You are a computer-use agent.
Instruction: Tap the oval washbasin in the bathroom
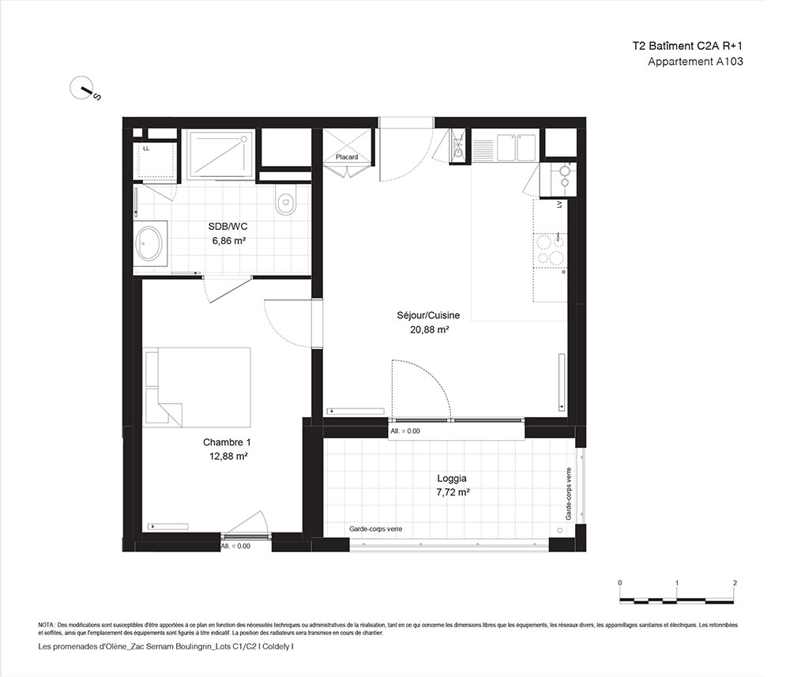click(x=149, y=243)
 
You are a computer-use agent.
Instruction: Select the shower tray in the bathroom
click(x=220, y=155)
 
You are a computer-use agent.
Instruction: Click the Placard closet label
click(x=347, y=157)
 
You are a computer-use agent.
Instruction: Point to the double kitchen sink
click(x=517, y=147)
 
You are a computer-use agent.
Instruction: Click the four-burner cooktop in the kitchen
click(x=550, y=250)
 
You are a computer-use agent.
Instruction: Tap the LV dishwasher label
click(x=559, y=205)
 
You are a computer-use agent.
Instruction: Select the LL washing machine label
click(x=146, y=149)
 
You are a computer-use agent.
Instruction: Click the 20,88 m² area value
click(x=429, y=329)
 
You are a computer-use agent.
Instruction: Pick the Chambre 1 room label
click(x=227, y=442)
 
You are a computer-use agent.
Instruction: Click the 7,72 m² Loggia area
click(x=453, y=492)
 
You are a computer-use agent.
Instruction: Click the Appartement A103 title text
click(x=695, y=62)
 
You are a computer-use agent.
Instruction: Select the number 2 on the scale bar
click(x=735, y=583)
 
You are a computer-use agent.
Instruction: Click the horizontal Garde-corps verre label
click(x=376, y=529)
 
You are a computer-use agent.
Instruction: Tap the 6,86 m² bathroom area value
click(x=229, y=241)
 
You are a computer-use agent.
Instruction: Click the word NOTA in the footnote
click(x=46, y=625)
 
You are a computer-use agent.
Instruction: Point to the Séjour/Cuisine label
click(x=428, y=315)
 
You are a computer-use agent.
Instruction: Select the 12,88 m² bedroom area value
click(x=228, y=457)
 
